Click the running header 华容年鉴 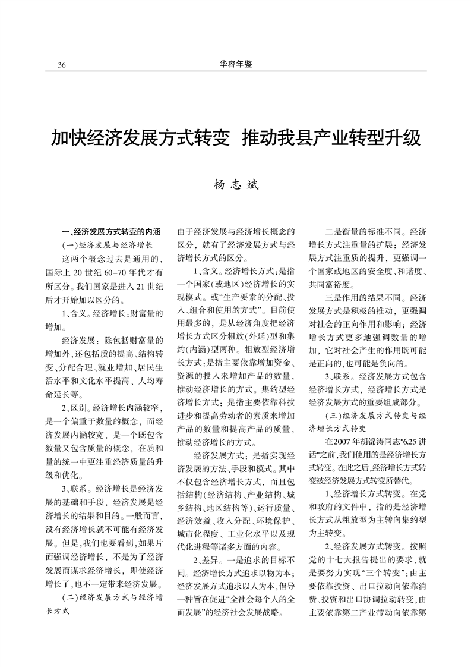pyautogui.click(x=235, y=64)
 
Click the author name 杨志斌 pyautogui.click(x=235, y=185)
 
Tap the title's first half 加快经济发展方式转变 pyautogui.click(x=140, y=139)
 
